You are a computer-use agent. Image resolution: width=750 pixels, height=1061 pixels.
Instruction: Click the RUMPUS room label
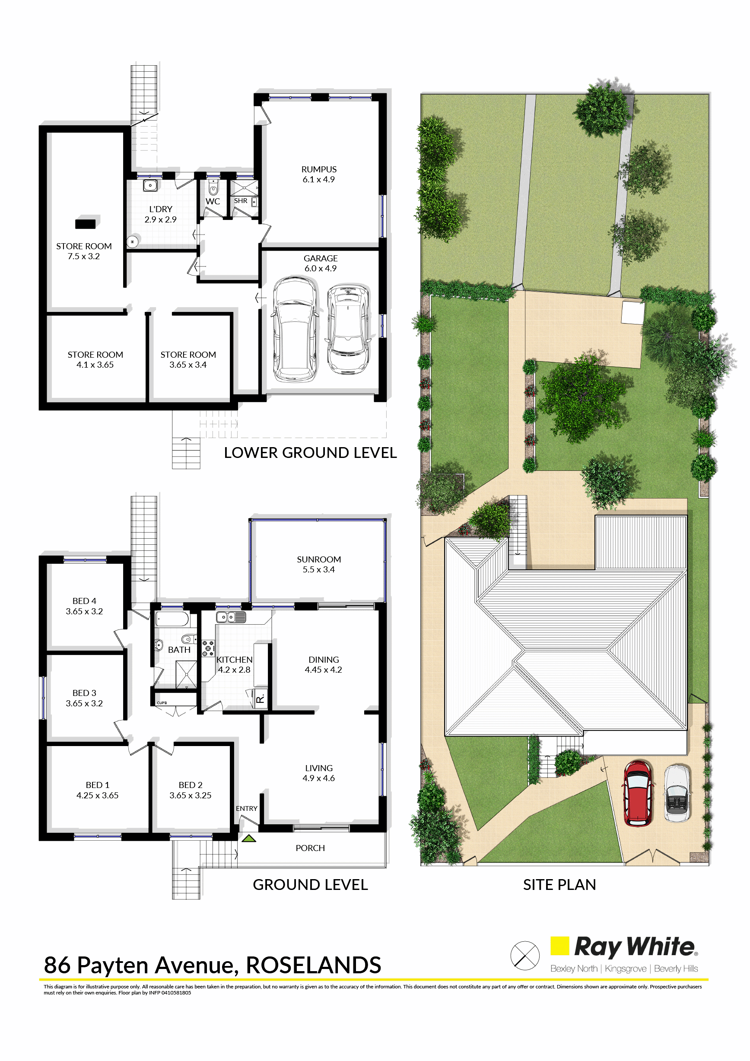coord(319,170)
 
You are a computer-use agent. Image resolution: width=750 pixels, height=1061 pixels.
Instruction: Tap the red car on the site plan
coord(638,793)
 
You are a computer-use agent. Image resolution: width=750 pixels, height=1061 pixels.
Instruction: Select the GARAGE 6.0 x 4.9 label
coord(320,264)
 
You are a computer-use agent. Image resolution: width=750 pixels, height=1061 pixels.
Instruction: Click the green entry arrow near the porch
coord(249,838)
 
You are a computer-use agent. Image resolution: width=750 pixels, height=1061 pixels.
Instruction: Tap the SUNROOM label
coord(319,559)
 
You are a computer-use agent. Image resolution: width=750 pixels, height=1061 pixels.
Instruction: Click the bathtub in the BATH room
coord(172,619)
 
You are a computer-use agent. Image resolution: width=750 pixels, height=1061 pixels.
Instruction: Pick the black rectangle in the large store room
coord(86,224)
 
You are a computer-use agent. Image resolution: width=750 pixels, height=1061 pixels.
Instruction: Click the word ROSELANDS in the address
coord(313,966)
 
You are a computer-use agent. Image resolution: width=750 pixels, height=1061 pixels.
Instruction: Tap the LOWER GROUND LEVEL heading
coord(310,453)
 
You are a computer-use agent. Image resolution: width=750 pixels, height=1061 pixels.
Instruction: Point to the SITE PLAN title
coord(559,884)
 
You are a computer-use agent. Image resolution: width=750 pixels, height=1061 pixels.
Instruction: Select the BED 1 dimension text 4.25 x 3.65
coord(98,795)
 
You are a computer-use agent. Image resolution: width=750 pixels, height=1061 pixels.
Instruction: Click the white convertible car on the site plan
coord(677,793)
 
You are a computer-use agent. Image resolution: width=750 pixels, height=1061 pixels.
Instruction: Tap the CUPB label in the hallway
coord(162,703)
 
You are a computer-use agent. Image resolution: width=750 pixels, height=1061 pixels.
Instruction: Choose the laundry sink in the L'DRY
coord(150,186)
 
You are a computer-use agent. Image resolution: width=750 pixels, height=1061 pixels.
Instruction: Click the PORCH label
coord(310,848)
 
